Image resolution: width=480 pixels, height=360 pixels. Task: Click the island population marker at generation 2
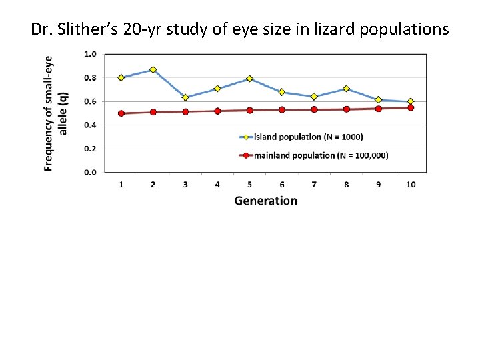(153, 69)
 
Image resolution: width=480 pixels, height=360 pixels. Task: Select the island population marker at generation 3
(185, 97)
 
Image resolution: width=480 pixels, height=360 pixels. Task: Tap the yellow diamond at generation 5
(249, 79)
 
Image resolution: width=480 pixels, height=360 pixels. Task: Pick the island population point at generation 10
(411, 101)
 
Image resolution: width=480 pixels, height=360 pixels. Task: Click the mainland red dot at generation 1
(121, 113)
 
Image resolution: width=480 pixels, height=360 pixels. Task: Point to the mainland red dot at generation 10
(411, 107)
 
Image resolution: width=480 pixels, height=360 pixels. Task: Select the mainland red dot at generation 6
(282, 110)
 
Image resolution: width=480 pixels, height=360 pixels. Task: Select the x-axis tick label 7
(314, 184)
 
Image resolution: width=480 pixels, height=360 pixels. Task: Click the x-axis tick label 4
(217, 184)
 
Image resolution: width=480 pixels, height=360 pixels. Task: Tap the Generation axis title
(265, 201)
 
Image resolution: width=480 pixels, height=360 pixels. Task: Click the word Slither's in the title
(86, 30)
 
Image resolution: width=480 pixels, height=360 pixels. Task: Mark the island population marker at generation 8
(346, 88)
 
